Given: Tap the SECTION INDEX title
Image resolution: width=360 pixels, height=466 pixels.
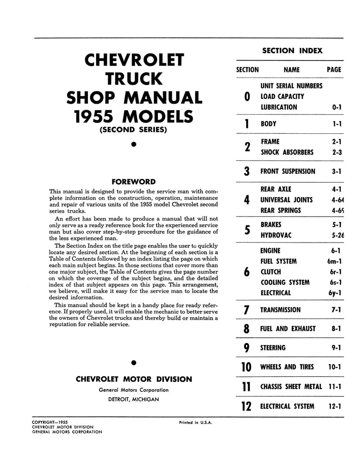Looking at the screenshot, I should point(292,51).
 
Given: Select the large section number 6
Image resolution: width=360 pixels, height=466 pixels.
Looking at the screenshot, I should point(246,272).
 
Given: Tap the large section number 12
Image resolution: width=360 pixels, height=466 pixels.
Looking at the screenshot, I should point(246,405).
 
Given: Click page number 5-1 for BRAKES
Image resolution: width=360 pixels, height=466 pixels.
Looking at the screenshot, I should point(336,224).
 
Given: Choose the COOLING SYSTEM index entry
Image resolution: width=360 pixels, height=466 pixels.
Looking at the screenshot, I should point(285,282).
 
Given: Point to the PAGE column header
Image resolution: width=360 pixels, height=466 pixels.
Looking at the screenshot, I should point(334,70).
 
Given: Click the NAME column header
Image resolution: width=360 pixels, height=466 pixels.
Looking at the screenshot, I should point(291,70).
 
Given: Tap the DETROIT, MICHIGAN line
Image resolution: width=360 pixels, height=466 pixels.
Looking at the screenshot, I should point(133,399).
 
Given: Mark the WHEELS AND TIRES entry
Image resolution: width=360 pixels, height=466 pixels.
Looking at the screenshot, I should point(284,367).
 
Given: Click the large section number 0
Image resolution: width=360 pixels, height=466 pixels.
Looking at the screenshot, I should point(247,96).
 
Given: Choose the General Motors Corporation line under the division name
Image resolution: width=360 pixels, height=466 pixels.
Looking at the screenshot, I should point(133,390).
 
